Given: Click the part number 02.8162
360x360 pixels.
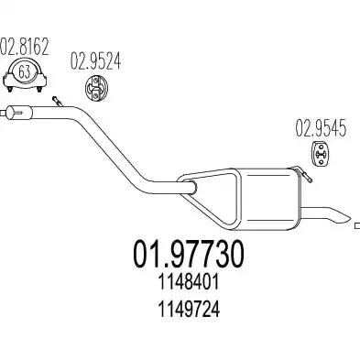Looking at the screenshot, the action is [x=25, y=46].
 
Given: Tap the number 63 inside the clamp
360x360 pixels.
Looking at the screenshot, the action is [x=25, y=72].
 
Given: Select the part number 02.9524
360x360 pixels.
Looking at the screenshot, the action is [x=95, y=60].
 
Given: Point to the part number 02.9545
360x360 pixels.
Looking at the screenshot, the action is [x=321, y=127].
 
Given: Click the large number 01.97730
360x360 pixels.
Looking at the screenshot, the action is [x=189, y=254].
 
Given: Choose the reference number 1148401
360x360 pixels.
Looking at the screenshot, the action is [x=189, y=281].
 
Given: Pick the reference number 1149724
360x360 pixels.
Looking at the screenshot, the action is [x=189, y=310].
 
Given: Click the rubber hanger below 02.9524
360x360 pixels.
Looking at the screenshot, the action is [x=95, y=87].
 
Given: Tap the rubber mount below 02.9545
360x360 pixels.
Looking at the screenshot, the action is [x=321, y=154].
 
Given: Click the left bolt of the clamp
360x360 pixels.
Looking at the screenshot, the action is [x=10, y=89].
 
